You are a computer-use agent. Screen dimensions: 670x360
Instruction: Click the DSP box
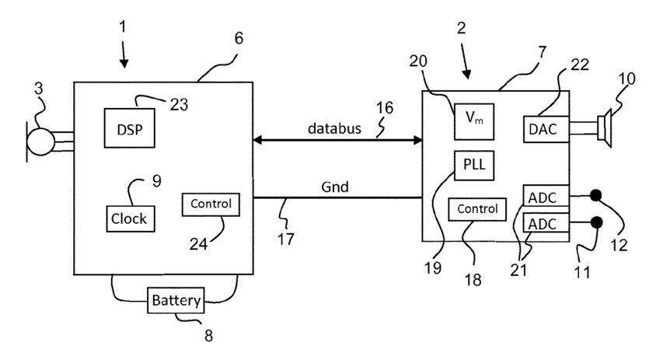point(130,128)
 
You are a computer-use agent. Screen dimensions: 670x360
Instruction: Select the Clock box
point(131,218)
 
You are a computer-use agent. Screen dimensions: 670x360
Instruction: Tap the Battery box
point(176,300)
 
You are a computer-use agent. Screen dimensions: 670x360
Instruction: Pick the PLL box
point(474,165)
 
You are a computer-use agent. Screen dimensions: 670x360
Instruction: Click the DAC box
point(546,129)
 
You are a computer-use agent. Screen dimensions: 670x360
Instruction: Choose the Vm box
point(474,121)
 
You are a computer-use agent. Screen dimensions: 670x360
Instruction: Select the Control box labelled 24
point(211,204)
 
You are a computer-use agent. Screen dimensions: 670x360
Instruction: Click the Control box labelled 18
point(477,209)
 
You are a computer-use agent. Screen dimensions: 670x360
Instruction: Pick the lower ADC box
point(546,224)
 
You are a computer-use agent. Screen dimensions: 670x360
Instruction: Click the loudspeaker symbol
point(605,128)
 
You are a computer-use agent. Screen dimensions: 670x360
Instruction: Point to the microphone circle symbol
point(40,142)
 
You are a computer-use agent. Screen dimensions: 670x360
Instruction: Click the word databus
point(334,128)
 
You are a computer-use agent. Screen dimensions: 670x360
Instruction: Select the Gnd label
point(334,187)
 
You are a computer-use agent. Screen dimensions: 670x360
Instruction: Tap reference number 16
point(384,108)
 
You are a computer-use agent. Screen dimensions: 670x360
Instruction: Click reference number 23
point(179,105)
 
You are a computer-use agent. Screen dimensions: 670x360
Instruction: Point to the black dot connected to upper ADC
point(595,196)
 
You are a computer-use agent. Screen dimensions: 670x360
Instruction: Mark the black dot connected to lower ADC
point(597,222)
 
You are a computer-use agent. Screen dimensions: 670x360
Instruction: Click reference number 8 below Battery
point(208,336)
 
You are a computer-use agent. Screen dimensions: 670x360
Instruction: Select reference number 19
point(432,268)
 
